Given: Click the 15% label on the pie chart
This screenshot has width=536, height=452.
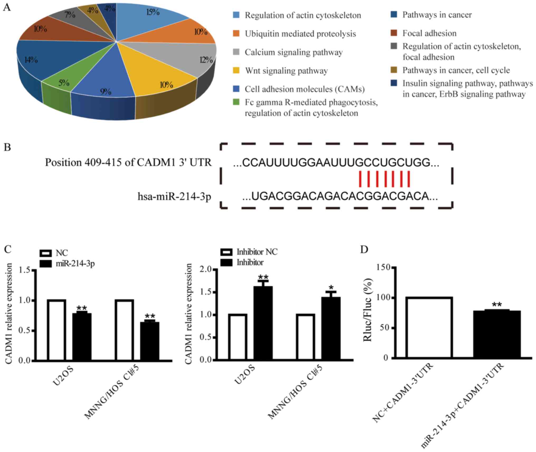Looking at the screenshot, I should click(153, 12).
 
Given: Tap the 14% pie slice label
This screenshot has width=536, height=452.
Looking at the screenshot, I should click(31, 60).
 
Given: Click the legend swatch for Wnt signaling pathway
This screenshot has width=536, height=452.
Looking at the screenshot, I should click(236, 71).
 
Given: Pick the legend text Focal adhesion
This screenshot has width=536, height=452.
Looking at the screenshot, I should click(429, 33).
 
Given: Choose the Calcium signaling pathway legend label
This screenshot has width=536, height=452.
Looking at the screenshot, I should click(293, 52).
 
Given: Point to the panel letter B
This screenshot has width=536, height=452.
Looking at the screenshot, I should click(7, 147).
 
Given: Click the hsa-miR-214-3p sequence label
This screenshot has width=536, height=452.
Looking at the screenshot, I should click(174, 196).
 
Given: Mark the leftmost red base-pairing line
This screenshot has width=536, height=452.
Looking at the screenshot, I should click(360, 179).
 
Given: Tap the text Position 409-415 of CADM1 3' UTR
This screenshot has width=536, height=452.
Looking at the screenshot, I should click(128, 162).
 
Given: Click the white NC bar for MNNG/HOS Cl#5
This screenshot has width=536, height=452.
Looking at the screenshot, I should click(124, 330).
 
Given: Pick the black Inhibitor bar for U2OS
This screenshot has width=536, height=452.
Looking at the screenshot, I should click(263, 323).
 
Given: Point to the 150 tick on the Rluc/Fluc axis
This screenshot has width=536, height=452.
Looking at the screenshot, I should click(385, 268).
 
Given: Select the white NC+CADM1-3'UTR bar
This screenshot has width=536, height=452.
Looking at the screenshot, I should click(429, 327).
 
